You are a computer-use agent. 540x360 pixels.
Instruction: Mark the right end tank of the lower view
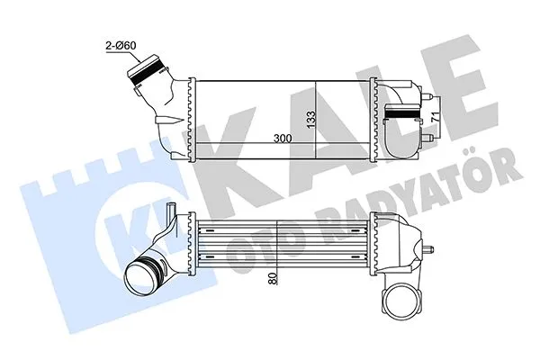point(389,246)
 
